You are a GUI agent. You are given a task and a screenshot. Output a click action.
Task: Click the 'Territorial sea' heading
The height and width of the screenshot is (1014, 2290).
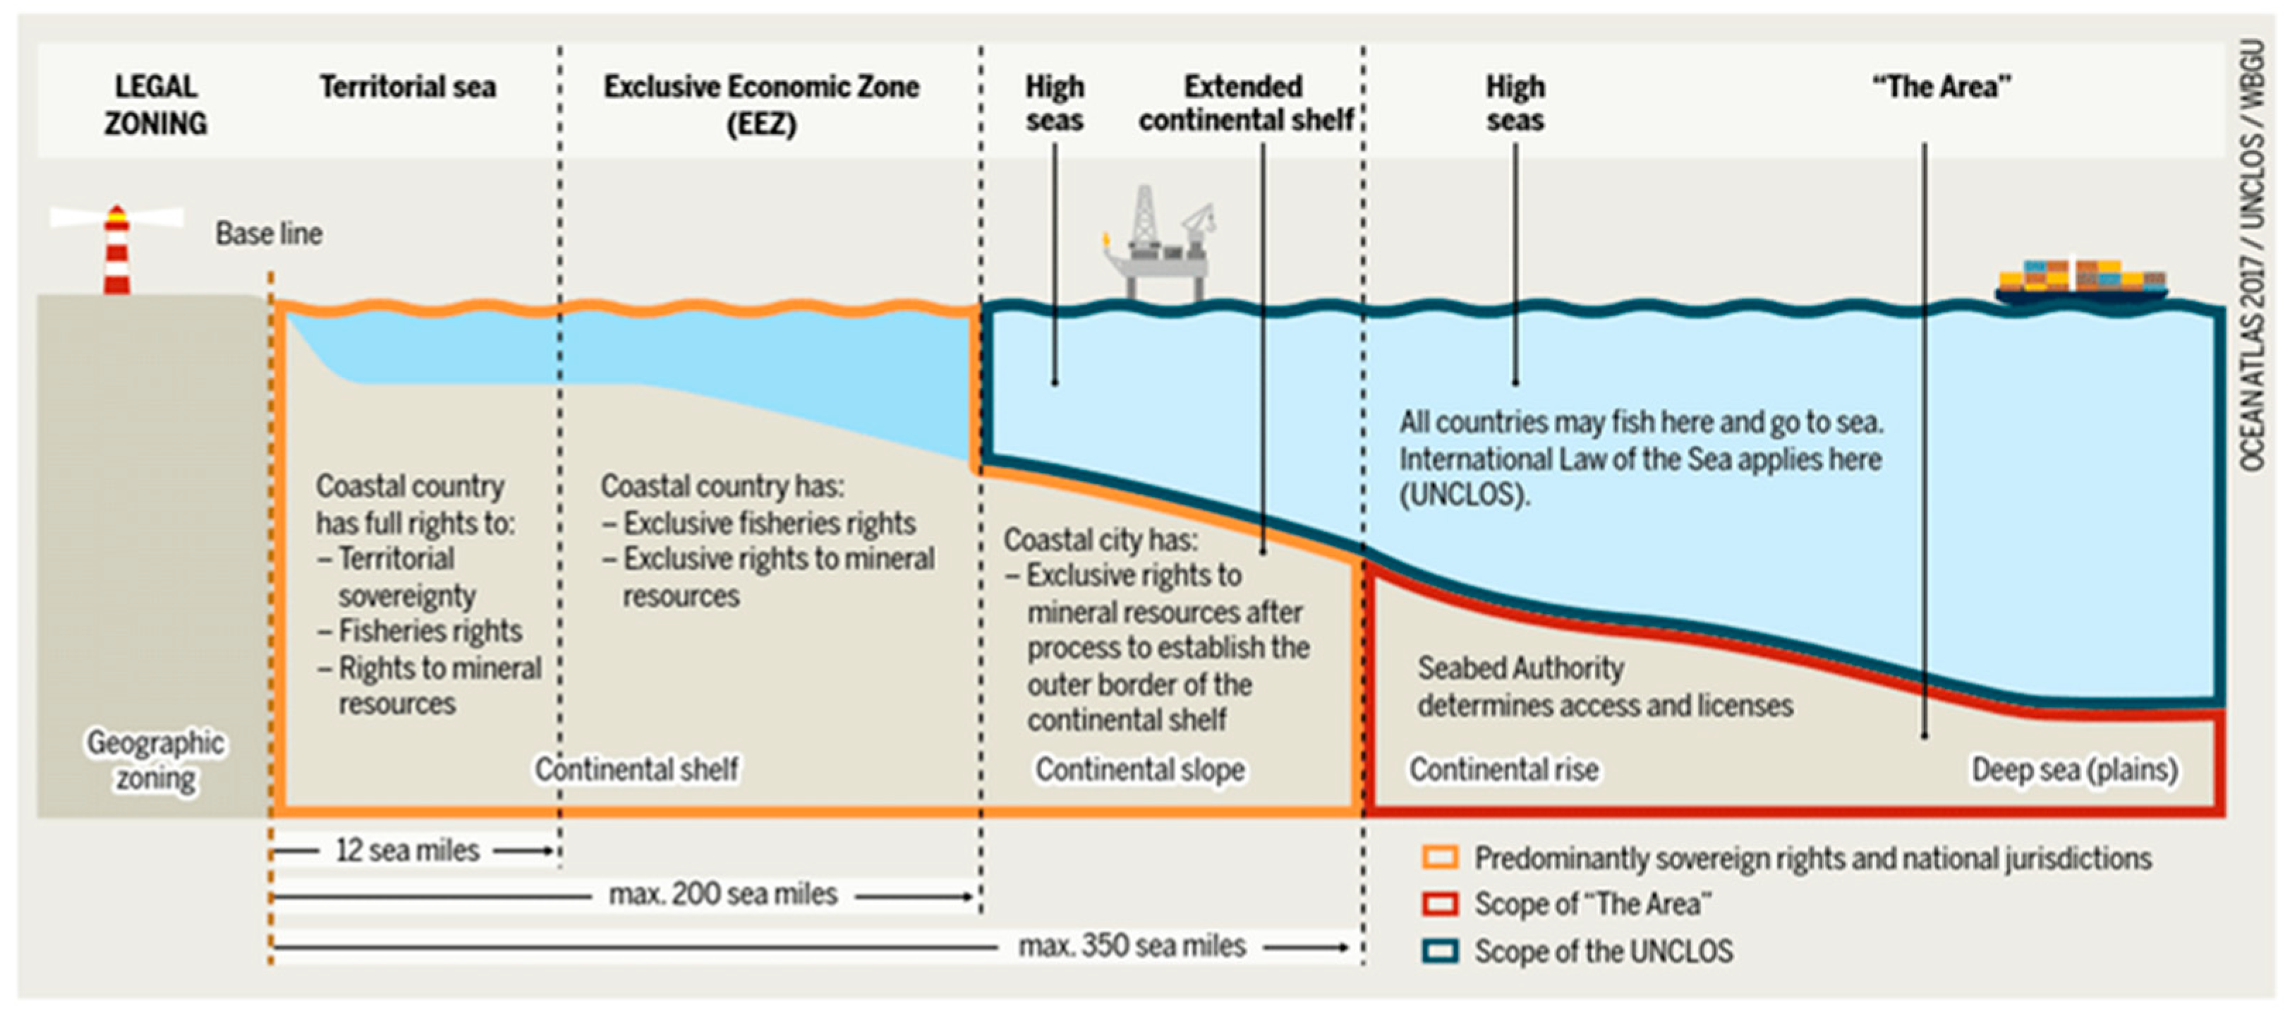coord(408,87)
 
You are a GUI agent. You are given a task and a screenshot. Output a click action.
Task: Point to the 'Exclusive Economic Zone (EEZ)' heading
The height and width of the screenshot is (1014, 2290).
coord(762,104)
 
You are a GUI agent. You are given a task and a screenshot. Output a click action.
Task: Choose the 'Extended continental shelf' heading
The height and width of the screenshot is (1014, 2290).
coord(1244,103)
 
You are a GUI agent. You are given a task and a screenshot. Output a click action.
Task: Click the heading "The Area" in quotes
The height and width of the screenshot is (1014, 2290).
coord(1941,87)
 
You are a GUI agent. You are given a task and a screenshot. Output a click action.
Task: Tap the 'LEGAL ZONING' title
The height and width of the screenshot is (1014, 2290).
coord(156,104)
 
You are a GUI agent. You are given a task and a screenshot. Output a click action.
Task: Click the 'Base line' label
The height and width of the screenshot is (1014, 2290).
coord(269,234)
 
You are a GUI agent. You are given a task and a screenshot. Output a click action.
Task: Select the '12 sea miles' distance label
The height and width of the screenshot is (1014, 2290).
coord(408,850)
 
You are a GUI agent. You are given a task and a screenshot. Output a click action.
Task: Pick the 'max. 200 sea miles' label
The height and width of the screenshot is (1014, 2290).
coord(722,894)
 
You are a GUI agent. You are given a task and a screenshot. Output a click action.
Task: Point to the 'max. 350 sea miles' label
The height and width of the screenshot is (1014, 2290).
coord(1132,946)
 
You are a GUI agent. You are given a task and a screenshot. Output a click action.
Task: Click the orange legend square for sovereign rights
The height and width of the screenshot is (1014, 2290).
coord(1439,857)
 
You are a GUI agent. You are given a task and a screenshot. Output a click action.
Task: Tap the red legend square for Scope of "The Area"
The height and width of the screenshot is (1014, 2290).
coord(1439,904)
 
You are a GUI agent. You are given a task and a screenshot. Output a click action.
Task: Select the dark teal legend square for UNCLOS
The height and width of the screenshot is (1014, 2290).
coord(1439,951)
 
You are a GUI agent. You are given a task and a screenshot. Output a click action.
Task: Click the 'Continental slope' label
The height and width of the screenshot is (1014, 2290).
coord(1139,769)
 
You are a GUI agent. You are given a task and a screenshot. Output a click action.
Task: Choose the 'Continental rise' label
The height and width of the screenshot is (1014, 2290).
coord(1504,769)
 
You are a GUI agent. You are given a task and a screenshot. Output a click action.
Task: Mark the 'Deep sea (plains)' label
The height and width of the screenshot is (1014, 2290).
coord(2075,769)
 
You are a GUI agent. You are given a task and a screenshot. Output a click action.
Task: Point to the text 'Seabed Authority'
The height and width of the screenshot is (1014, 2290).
coord(1520,668)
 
